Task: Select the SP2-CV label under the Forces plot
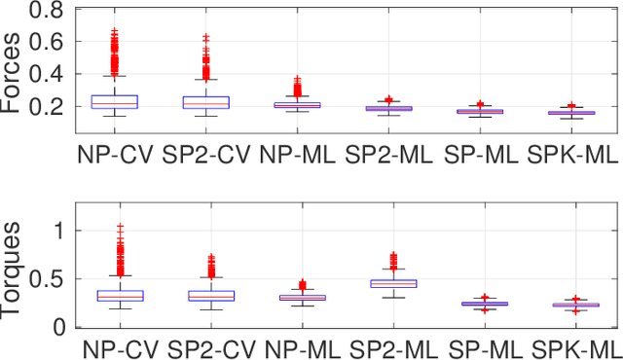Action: [x=206, y=154]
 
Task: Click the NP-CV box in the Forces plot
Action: [x=114, y=101]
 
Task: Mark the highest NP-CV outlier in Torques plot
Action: [x=120, y=227]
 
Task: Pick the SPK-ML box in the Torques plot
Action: [x=574, y=306]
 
